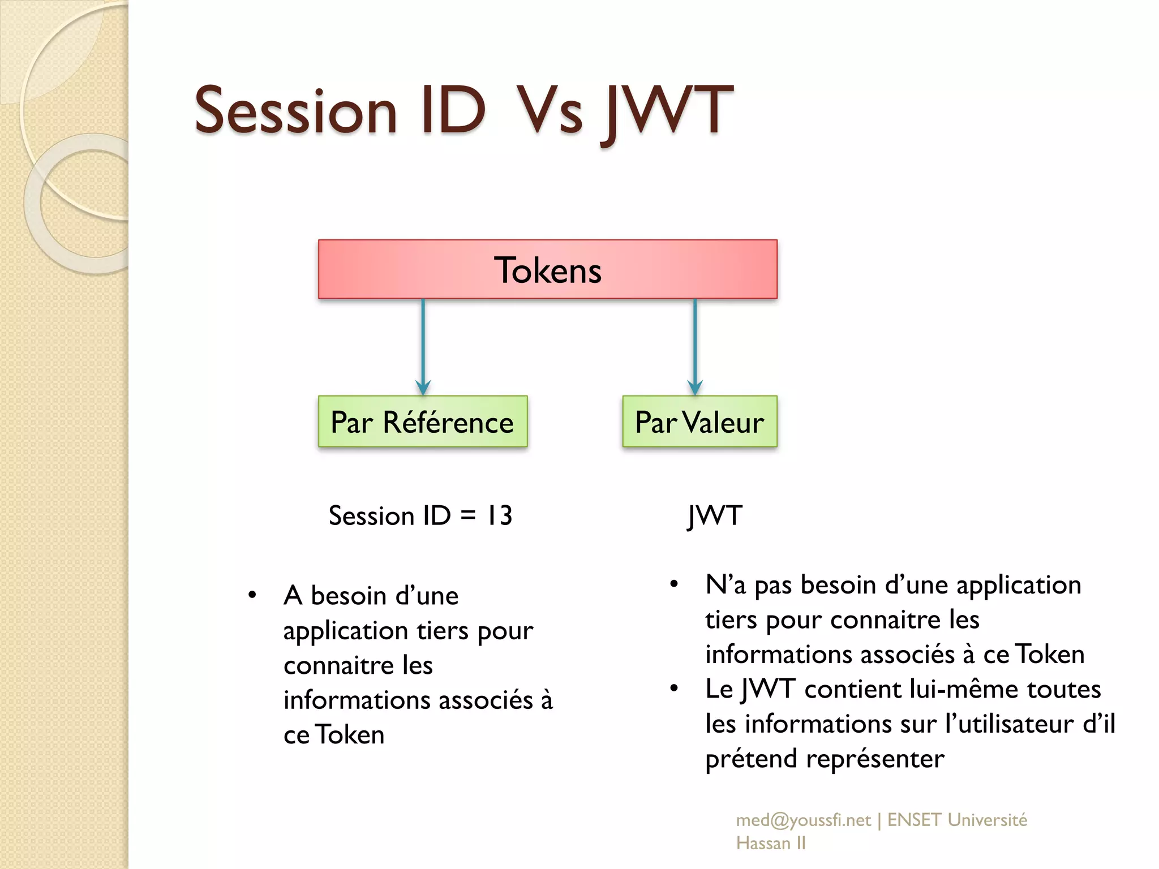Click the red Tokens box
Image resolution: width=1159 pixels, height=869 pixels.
[547, 269]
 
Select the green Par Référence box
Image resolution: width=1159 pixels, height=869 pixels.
[422, 422]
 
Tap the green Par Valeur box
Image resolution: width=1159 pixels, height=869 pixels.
[699, 422]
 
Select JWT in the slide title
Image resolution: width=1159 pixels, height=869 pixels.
[668, 111]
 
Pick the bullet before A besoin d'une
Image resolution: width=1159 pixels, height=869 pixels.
[252, 595]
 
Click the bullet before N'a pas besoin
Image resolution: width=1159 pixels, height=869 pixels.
[673, 584]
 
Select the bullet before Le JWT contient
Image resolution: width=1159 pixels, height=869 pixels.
[673, 689]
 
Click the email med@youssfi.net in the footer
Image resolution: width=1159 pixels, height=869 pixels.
[803, 820]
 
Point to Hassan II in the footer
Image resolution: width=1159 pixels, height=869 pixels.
[771, 844]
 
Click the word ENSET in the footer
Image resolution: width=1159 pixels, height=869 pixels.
[913, 820]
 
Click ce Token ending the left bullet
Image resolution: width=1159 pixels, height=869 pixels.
[334, 735]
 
